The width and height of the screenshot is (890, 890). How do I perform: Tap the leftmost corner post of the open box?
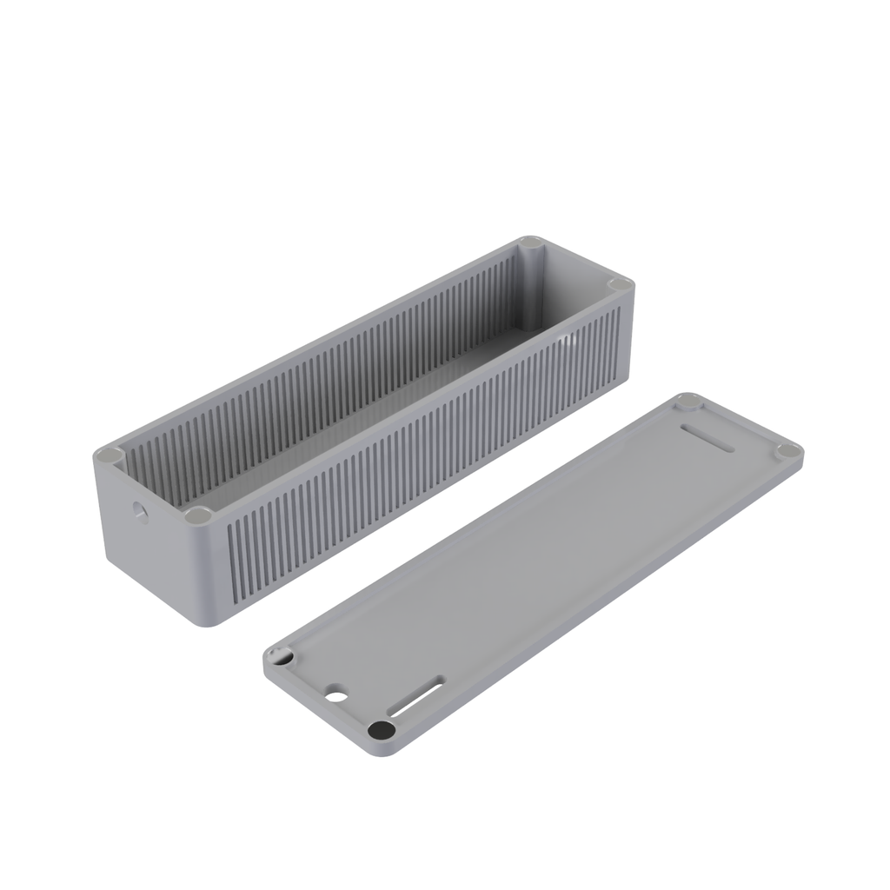click(x=110, y=455)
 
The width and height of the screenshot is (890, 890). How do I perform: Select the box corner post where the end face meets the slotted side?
click(x=199, y=515)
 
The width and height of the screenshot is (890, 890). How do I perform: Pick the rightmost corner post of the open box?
click(x=620, y=284)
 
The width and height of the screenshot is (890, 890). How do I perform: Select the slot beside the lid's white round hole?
click(x=415, y=698)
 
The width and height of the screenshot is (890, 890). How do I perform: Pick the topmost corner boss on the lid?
click(x=689, y=401)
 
